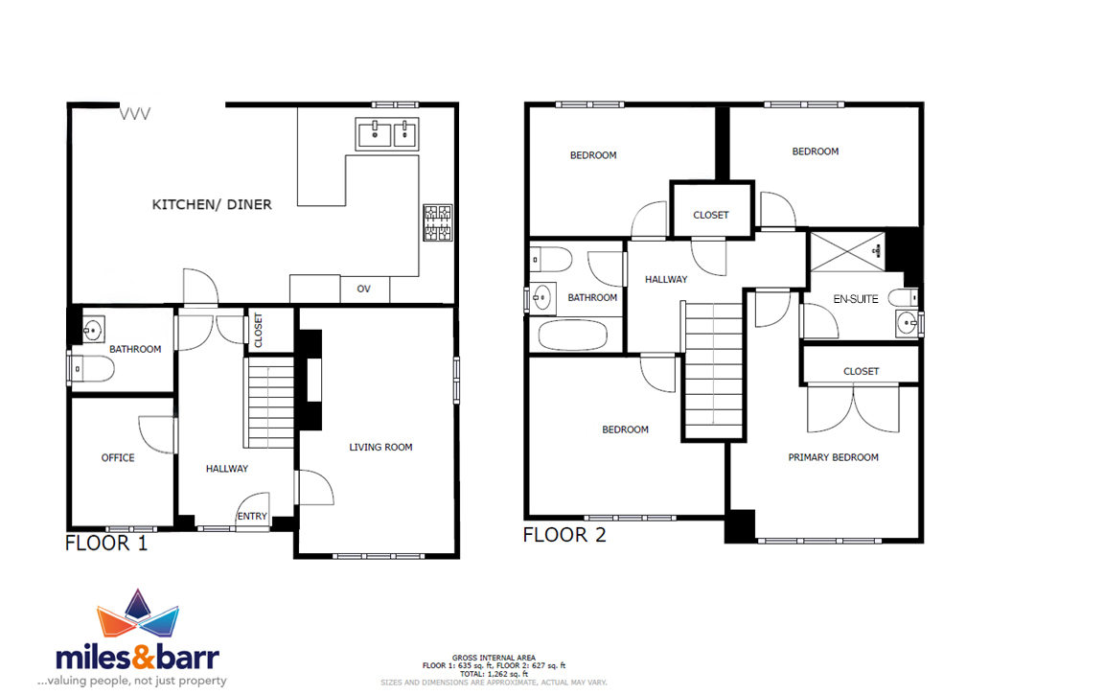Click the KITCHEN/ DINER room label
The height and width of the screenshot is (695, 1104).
pyautogui.click(x=212, y=204)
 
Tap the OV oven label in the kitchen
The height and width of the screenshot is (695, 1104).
pyautogui.click(x=363, y=289)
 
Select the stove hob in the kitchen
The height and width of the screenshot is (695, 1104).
pyautogui.click(x=437, y=222)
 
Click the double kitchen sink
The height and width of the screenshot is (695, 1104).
pyautogui.click(x=386, y=134)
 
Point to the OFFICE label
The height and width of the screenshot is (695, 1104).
pyautogui.click(x=118, y=457)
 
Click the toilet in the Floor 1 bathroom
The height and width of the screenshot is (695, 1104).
pyautogui.click(x=92, y=368)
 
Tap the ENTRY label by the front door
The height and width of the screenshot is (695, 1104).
pyautogui.click(x=252, y=516)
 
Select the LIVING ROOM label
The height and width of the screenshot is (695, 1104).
pyautogui.click(x=380, y=447)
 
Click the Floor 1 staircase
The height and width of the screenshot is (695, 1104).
pyautogui.click(x=269, y=403)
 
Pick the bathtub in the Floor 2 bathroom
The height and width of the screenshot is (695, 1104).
pyautogui.click(x=572, y=336)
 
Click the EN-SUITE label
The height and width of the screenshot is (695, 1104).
pyautogui.click(x=856, y=299)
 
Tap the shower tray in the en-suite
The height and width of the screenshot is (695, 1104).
pyautogui.click(x=848, y=251)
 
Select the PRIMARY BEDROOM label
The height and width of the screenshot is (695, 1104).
pyautogui.click(x=833, y=457)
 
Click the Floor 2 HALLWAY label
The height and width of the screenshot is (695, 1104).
pyautogui.click(x=666, y=280)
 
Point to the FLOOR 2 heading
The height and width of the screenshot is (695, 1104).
pyautogui.click(x=563, y=535)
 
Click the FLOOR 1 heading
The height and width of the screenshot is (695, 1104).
pyautogui.click(x=106, y=544)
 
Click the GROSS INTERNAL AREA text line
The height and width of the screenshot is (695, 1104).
pyautogui.click(x=494, y=658)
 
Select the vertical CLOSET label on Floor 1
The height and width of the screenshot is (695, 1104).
pyautogui.click(x=259, y=331)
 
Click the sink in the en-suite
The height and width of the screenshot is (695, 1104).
pyautogui.click(x=907, y=324)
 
